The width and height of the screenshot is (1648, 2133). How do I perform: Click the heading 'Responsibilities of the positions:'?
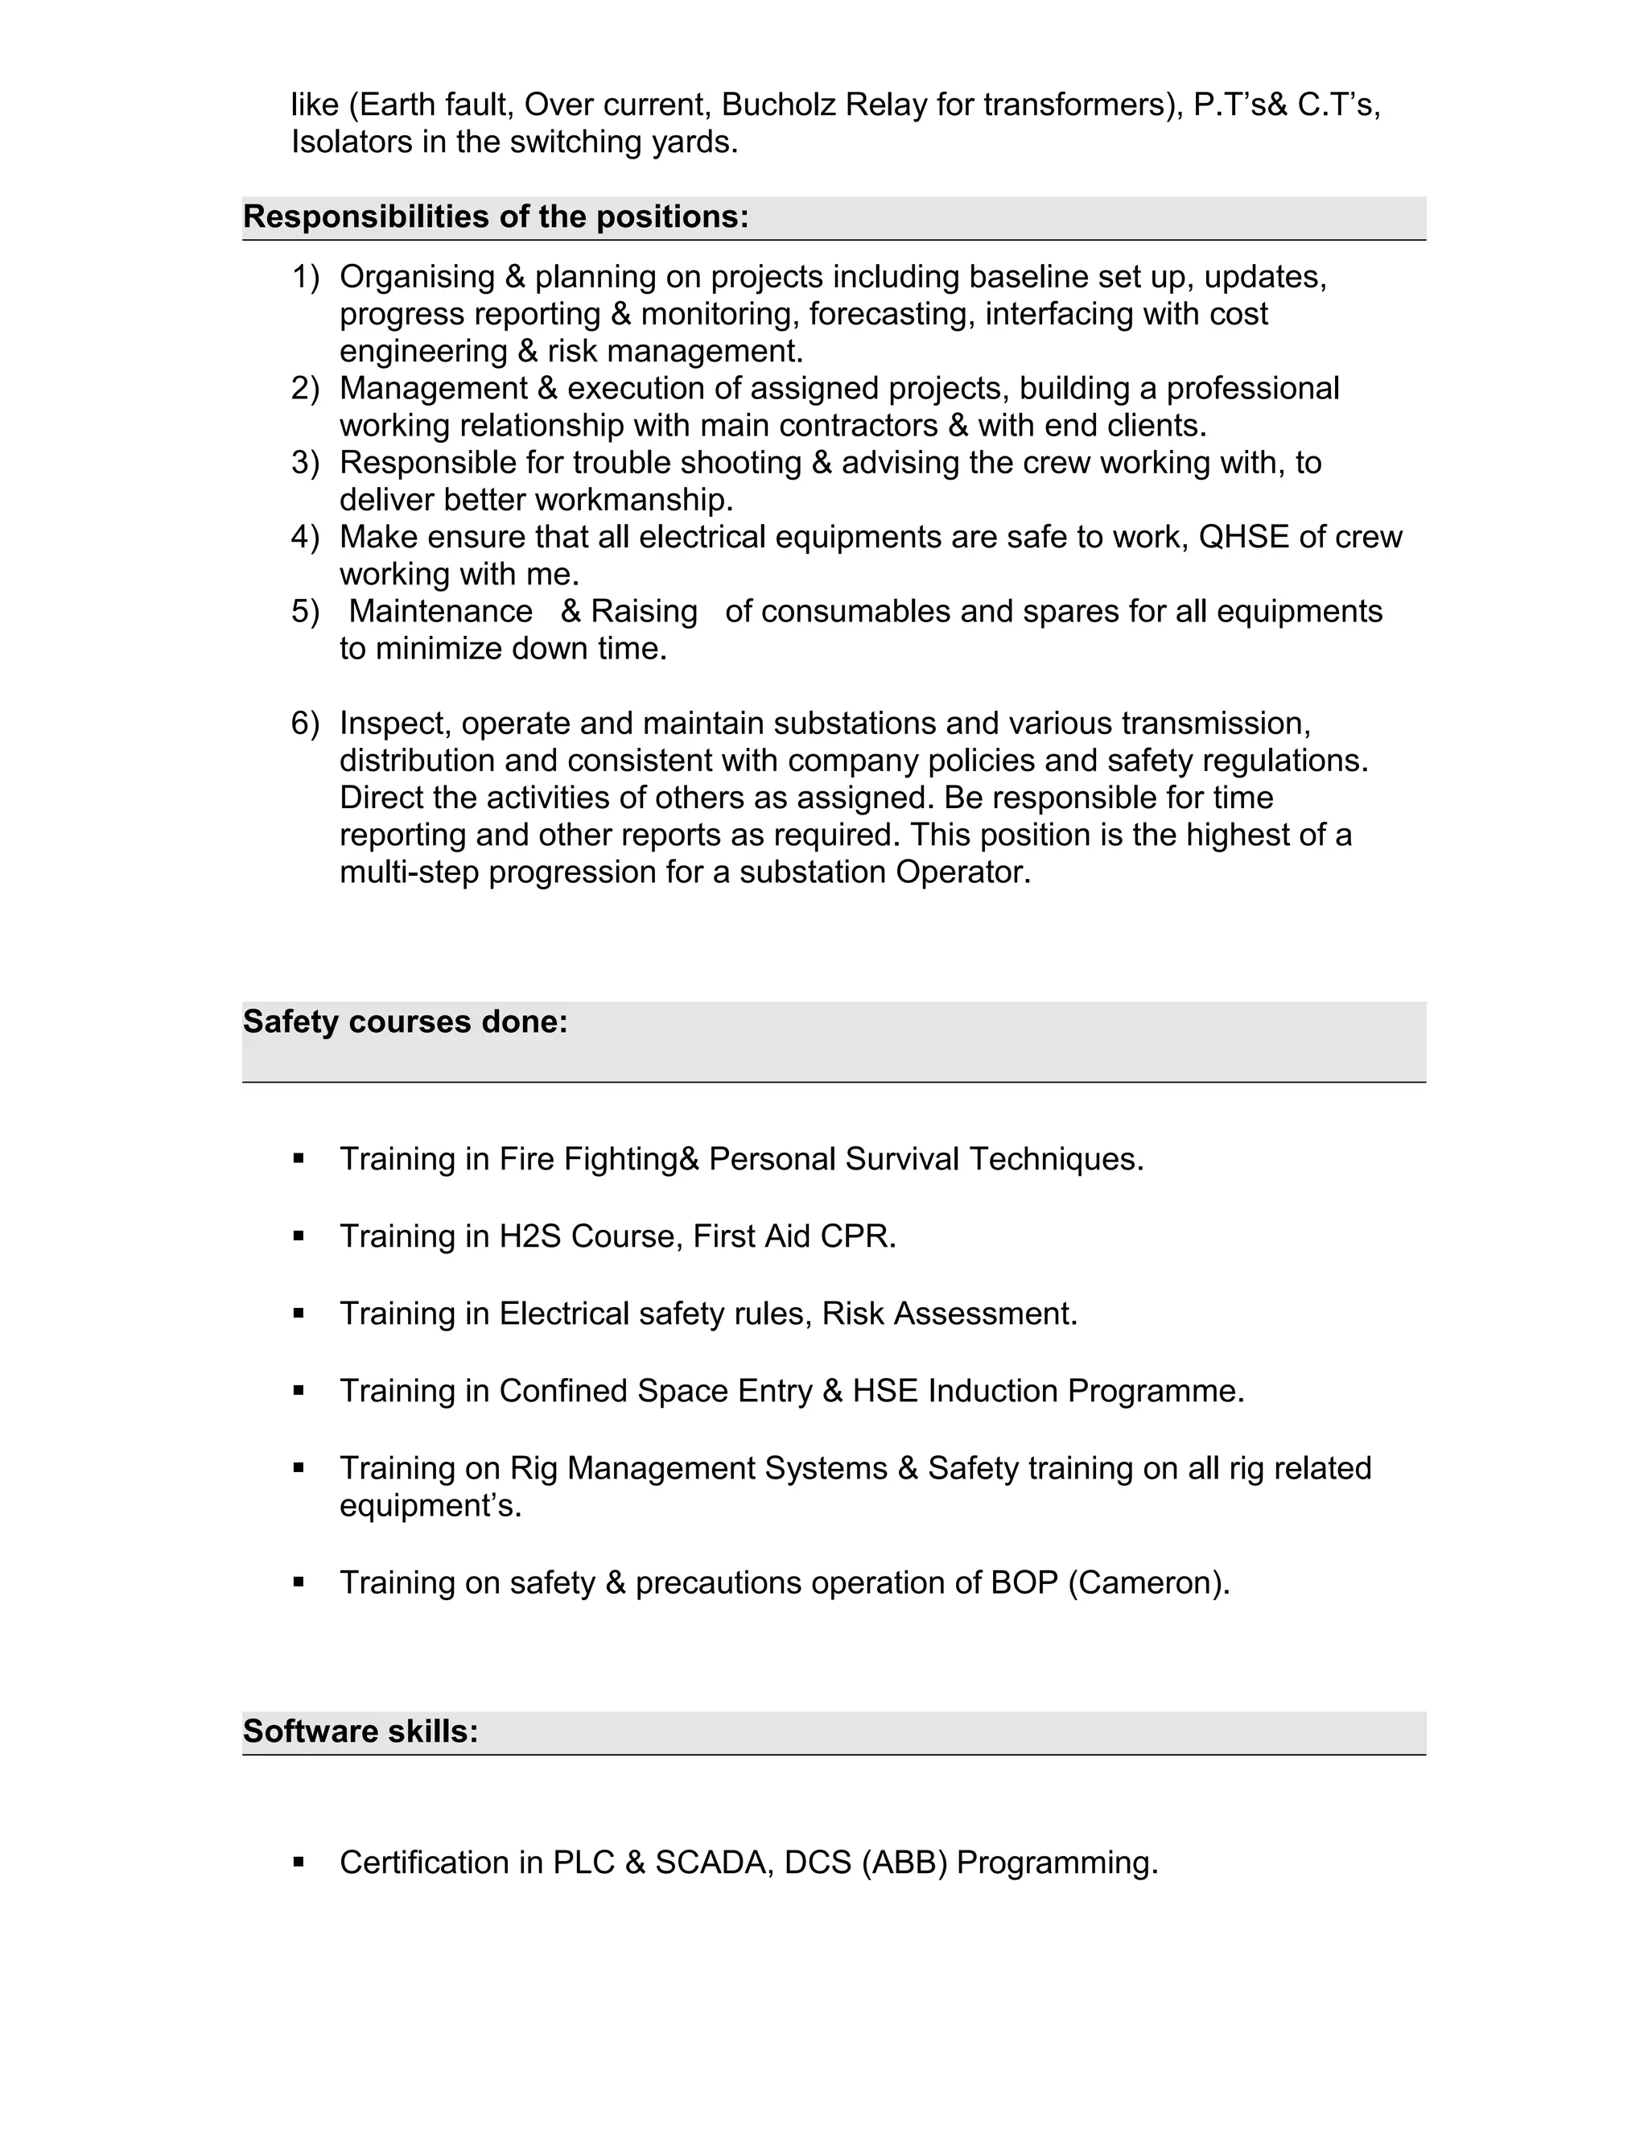495,217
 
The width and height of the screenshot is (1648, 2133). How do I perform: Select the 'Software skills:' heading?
360,1731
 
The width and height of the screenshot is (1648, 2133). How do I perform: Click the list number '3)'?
305,463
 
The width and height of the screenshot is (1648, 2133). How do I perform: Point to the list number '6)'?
305,724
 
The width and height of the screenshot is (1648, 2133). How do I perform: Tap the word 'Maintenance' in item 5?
440,612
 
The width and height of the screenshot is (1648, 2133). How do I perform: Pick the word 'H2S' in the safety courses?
530,1236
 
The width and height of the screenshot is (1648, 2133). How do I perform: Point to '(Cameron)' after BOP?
1148,1582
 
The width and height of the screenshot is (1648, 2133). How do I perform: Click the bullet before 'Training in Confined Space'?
299,1390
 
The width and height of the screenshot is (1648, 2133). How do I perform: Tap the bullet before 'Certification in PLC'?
299,1862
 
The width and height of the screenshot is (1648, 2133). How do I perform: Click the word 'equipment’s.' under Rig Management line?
430,1506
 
